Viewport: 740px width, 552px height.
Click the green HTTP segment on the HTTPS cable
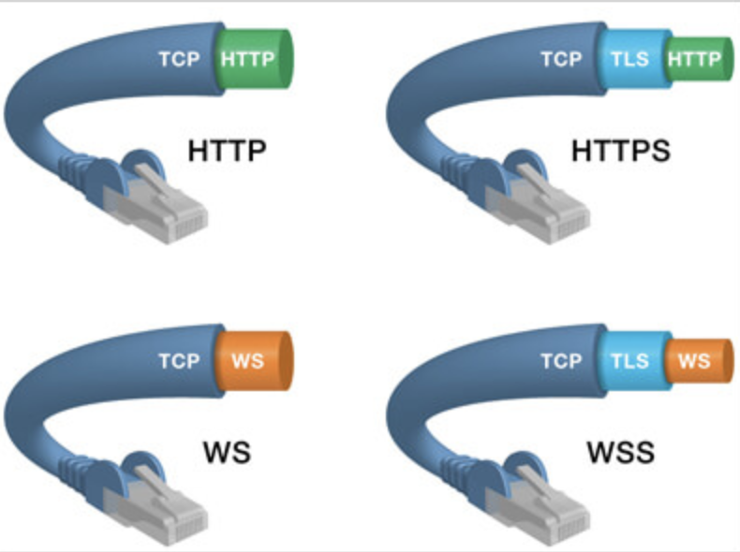click(x=696, y=60)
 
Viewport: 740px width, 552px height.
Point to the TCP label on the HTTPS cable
click(x=562, y=60)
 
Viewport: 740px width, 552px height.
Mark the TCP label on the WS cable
click(x=179, y=360)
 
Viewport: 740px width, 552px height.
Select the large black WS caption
click(x=227, y=454)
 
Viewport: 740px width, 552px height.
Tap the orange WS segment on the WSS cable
click(x=696, y=360)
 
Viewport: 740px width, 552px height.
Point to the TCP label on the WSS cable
click(x=562, y=360)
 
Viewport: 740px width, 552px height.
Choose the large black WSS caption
click(x=620, y=454)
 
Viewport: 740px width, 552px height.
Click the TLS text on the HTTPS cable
click(x=631, y=60)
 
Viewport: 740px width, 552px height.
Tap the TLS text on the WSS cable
click(x=631, y=360)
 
